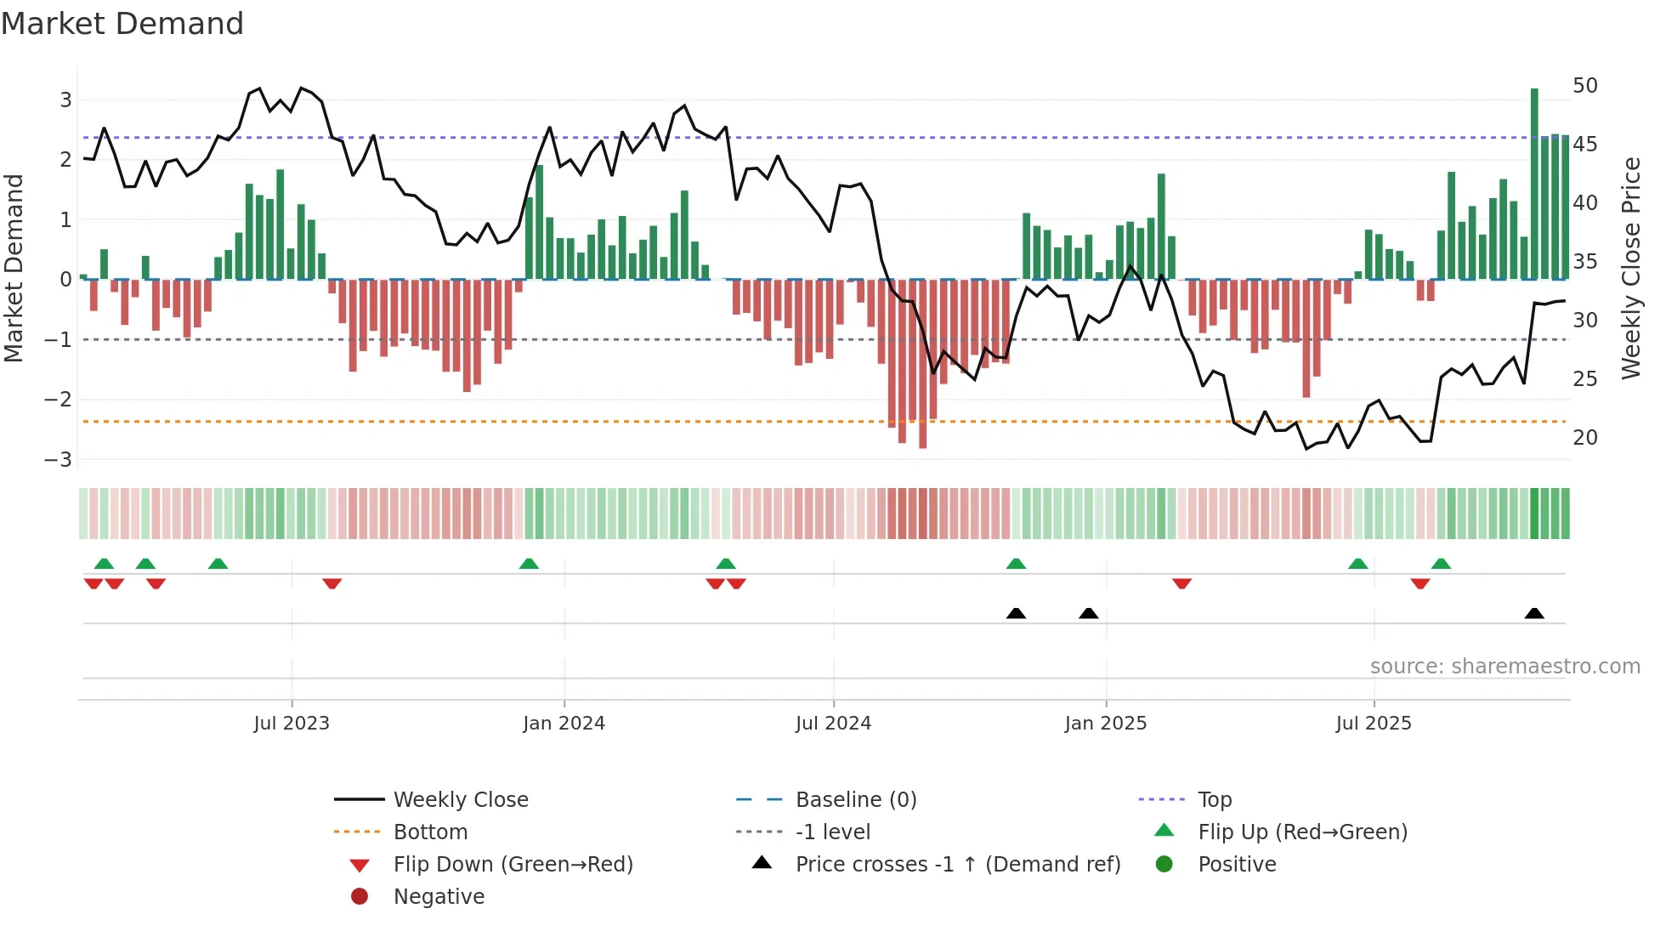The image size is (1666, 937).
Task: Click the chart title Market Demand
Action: [122, 24]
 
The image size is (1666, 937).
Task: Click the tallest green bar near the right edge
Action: [1534, 183]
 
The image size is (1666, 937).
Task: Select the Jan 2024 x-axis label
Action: [564, 724]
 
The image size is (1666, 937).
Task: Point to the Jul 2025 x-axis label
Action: [1374, 724]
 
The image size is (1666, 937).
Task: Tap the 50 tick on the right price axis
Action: [1585, 86]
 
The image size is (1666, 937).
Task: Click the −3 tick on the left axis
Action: [58, 460]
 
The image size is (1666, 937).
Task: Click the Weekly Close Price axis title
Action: [1630, 268]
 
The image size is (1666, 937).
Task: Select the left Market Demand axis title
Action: [14, 268]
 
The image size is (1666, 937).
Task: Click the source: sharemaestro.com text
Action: [1504, 667]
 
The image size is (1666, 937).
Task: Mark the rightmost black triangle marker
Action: [1534, 614]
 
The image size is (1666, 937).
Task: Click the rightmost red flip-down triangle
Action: [1420, 583]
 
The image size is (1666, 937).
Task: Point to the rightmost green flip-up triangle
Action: [1441, 564]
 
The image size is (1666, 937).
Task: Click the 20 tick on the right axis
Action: [1585, 438]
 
